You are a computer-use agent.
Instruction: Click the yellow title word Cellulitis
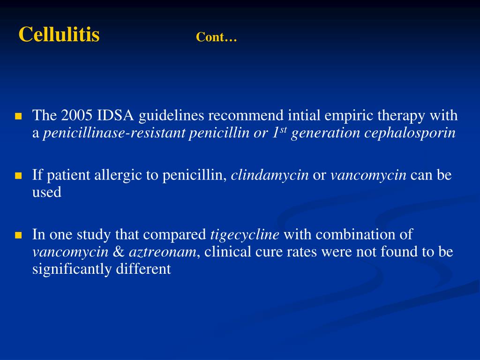point(59,35)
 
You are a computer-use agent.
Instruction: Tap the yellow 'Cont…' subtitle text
point(217,37)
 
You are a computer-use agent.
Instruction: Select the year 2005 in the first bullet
point(77,115)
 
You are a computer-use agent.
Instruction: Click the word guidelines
point(172,116)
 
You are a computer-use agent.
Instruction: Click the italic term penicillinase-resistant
point(114,133)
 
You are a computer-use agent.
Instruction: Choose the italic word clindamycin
point(270,175)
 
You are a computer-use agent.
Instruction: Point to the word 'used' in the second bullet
point(46,193)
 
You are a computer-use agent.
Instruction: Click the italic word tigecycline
point(245,234)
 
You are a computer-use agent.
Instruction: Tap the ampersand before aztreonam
point(118,252)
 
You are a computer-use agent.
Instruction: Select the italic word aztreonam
point(162,252)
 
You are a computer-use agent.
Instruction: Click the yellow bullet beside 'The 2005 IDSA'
point(19,116)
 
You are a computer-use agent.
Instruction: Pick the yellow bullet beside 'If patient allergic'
point(19,176)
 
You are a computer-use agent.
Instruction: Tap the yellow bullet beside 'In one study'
point(19,235)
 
